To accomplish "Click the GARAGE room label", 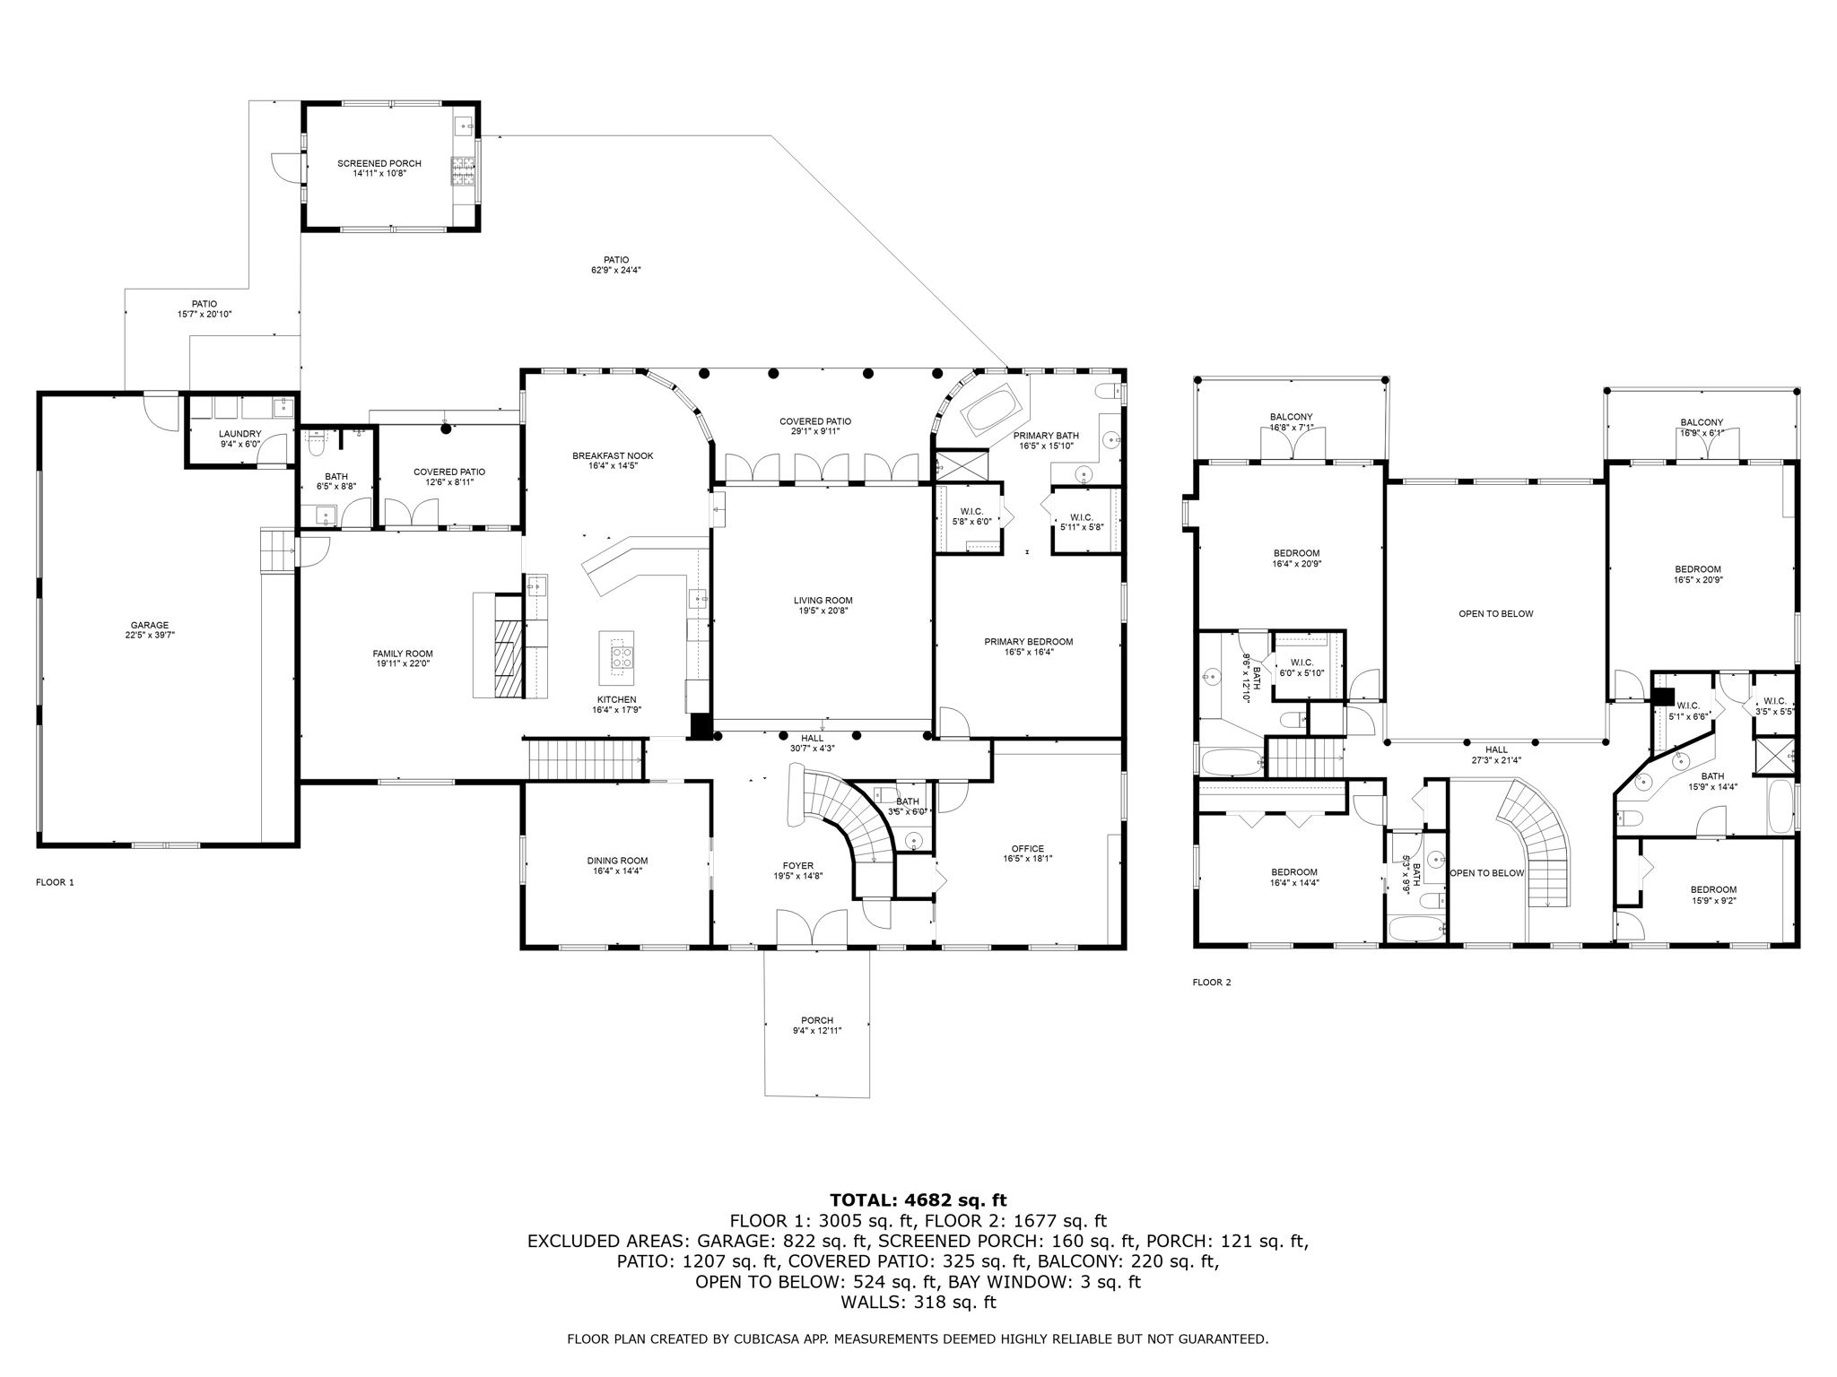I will coord(149,625).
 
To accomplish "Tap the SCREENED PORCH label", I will coord(379,163).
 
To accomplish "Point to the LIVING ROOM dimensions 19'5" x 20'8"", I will coord(823,611).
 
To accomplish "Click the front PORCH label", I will coord(816,1020).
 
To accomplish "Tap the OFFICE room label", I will coord(1027,848).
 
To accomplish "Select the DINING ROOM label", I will coord(617,861).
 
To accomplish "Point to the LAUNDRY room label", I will coord(239,434).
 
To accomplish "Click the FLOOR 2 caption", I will coord(1211,983).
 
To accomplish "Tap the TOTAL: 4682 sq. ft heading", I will coord(918,1199).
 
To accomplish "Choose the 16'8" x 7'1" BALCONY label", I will coord(1291,417).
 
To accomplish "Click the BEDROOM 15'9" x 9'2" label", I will coord(1713,890).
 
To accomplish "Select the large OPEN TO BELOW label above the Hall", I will coord(1495,614).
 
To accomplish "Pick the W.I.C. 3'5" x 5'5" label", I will coord(1774,701).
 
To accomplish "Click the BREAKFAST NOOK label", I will coord(613,456).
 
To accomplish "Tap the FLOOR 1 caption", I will coord(55,882).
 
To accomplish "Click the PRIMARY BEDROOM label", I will coord(1028,642).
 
